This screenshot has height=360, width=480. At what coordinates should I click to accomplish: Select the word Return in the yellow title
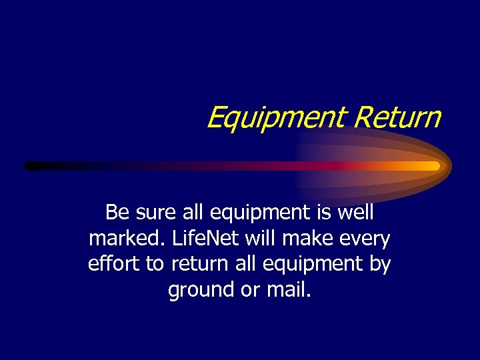[397, 117]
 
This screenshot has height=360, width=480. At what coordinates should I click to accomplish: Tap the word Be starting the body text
[117, 213]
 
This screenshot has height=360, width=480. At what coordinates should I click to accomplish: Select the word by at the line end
[379, 264]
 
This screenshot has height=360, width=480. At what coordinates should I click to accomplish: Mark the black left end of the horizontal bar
[30, 166]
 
